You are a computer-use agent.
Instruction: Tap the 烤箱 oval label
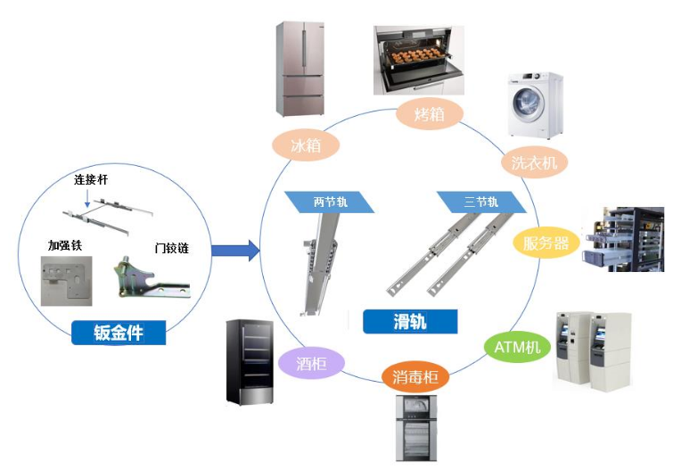pos(427,114)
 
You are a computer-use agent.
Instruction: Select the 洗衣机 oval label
pos(534,163)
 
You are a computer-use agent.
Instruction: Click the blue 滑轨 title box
pos(410,321)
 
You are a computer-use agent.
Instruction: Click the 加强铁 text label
pos(64,244)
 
